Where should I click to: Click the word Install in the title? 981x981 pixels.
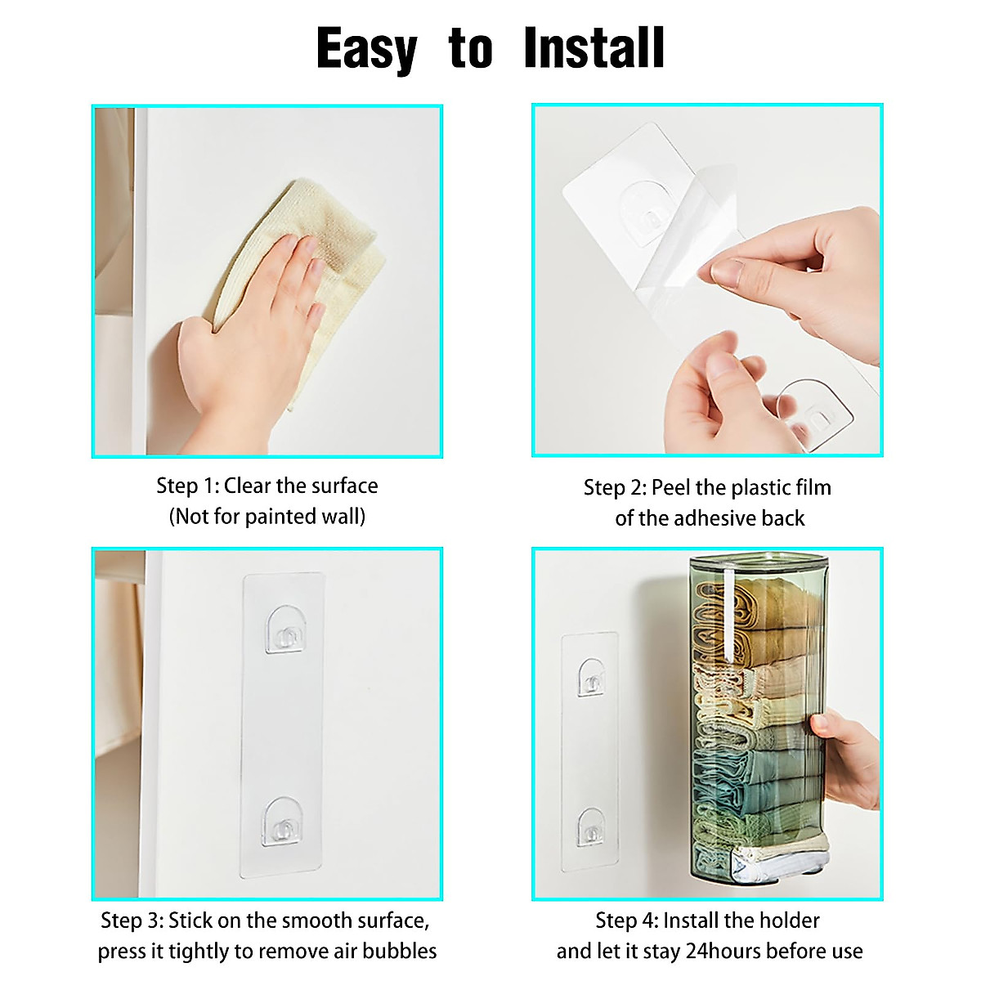click(594, 49)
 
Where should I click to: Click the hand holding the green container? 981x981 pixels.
click(846, 756)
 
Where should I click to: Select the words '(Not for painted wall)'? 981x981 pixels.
click(267, 517)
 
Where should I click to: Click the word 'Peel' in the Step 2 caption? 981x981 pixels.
click(670, 488)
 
